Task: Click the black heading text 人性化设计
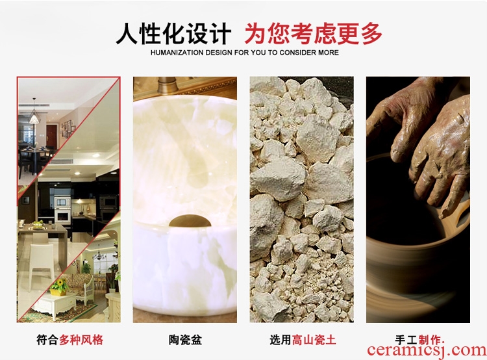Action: point(173,34)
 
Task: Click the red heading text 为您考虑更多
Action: point(313,34)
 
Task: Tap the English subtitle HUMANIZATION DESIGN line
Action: point(244,53)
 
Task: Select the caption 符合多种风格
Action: point(69,339)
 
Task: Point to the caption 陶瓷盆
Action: point(185,339)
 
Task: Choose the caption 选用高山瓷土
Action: point(303,339)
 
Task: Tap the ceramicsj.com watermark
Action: point(427,351)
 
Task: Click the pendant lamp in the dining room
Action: point(34,115)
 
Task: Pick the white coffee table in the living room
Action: point(55,304)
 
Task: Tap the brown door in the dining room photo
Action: point(51,136)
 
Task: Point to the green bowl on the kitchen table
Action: point(38,224)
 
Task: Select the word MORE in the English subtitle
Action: point(329,53)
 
